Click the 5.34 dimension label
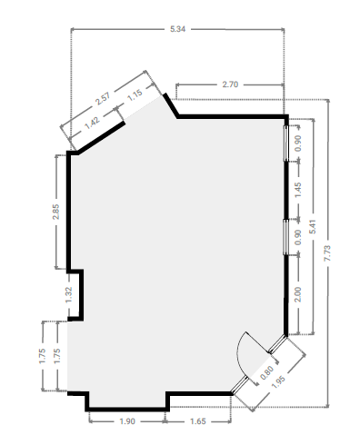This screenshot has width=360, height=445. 177,29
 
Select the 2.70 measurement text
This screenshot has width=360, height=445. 230,84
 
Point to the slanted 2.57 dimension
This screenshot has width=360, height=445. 103,98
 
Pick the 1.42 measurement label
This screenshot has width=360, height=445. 92,123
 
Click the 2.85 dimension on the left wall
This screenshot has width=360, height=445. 55,212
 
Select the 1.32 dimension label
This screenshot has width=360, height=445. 69,295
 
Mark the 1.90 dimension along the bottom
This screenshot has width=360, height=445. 127,421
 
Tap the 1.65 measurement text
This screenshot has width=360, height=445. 198,421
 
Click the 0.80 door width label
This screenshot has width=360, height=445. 267,372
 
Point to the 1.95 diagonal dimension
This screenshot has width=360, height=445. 278,382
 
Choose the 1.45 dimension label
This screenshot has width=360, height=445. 298,190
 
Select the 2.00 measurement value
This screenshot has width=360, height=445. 298,294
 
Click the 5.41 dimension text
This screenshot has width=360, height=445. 313,226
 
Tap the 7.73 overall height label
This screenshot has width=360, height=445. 327,253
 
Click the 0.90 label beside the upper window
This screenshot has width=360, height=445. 298,143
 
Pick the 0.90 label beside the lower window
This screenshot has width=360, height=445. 298,237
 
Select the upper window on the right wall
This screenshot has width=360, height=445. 285,143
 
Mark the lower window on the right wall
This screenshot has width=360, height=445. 285,237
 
